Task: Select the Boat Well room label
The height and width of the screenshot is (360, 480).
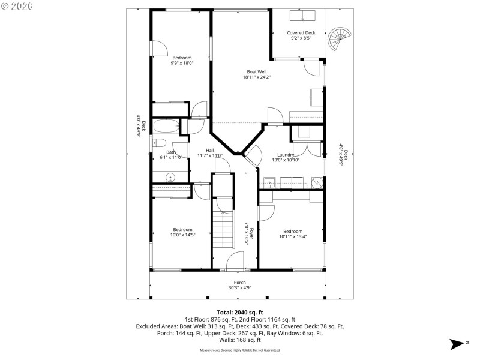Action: click(x=257, y=72)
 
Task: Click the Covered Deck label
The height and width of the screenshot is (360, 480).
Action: click(x=301, y=33)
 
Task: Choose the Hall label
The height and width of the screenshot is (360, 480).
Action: click(x=210, y=150)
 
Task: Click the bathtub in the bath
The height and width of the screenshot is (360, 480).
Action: click(x=165, y=127)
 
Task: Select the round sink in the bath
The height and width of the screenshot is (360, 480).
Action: click(x=170, y=177)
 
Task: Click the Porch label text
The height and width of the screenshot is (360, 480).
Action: click(x=240, y=283)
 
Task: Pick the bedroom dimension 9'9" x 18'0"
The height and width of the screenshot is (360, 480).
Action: click(x=182, y=62)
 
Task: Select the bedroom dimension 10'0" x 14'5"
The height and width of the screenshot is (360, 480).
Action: click(x=182, y=235)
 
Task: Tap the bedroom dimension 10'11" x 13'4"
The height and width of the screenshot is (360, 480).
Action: click(x=292, y=236)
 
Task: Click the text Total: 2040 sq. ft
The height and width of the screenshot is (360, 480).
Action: click(x=240, y=313)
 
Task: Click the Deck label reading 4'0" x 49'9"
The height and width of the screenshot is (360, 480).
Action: click(x=137, y=126)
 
